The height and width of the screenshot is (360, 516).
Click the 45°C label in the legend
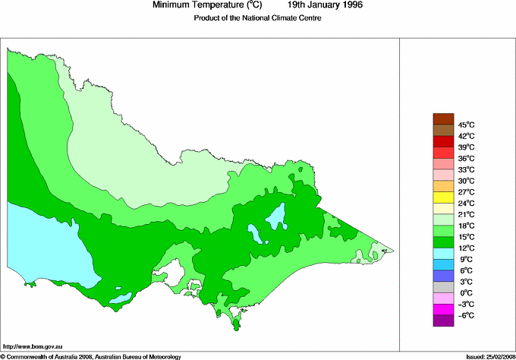pos(465,125)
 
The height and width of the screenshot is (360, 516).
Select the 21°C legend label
pos(465,214)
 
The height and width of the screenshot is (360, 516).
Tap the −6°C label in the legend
pos(465,315)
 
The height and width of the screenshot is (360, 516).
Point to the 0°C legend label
pos(465,292)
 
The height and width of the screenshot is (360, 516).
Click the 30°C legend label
pos(465,181)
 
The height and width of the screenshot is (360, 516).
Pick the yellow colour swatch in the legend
pos(443,197)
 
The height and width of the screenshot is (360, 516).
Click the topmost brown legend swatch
pos(443,118)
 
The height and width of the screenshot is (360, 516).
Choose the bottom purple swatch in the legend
pos(443,321)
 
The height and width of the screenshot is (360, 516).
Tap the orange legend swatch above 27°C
pos(443,186)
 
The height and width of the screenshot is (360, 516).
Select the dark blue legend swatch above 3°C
pos(443,276)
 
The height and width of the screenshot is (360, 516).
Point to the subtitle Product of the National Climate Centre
pos(258,18)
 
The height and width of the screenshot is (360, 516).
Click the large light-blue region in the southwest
pos(46,243)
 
